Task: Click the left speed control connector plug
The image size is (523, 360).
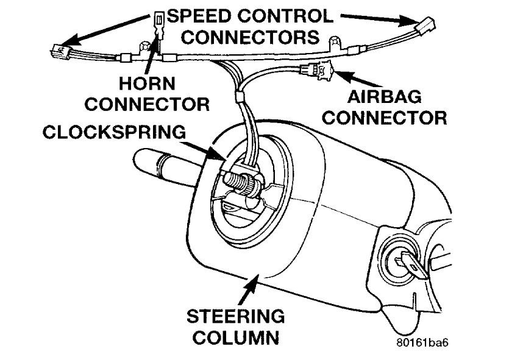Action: [61, 49]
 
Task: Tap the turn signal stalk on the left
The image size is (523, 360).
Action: [160, 163]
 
